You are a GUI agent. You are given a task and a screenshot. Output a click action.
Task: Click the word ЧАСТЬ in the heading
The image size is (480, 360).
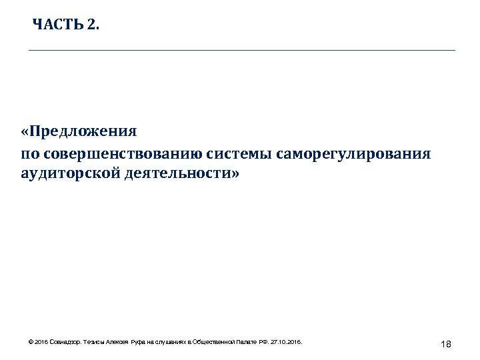tap(57, 25)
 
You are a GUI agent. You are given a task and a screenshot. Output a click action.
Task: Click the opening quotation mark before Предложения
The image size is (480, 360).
tap(24, 131)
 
